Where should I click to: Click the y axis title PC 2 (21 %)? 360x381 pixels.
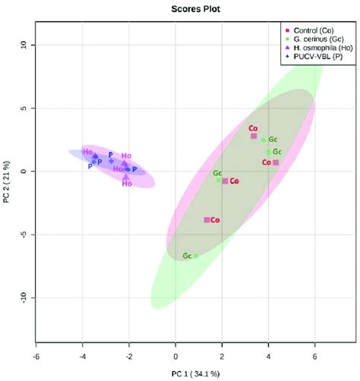(x=8, y=184)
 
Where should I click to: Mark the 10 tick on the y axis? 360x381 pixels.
(x=24, y=46)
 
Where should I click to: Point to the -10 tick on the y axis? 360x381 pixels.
(x=24, y=297)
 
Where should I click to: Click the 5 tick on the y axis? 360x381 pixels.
(x=24, y=109)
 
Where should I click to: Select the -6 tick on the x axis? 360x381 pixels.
(x=36, y=354)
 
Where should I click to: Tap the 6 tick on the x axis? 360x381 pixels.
(x=314, y=354)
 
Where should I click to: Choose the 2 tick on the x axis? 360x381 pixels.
(x=222, y=354)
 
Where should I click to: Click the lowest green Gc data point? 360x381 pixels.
(x=196, y=256)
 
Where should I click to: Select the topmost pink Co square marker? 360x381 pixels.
(x=254, y=136)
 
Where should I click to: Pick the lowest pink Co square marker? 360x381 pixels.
(x=207, y=219)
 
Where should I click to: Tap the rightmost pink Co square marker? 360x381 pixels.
(x=276, y=162)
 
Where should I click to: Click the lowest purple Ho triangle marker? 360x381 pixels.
(x=126, y=177)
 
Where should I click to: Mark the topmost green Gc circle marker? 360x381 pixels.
(x=264, y=140)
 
